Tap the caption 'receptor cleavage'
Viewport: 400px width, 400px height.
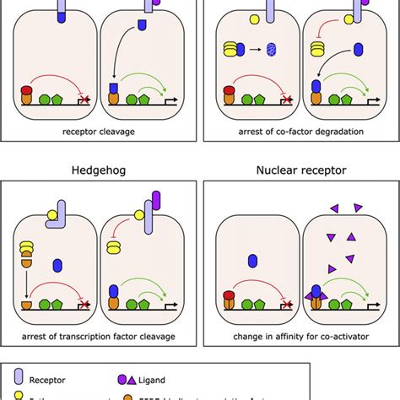(100, 132)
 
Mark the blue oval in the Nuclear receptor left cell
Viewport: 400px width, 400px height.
(251, 261)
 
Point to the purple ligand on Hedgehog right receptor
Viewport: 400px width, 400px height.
(158, 203)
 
